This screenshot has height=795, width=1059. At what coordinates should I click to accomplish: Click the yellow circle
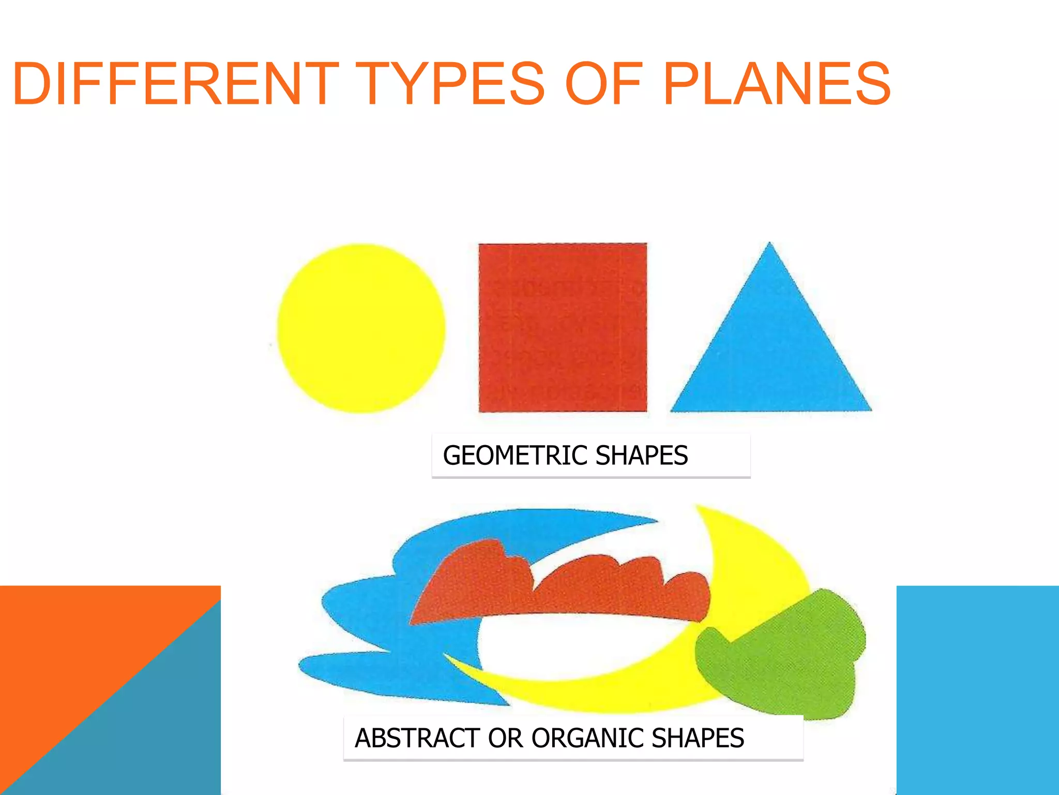pyautogui.click(x=361, y=328)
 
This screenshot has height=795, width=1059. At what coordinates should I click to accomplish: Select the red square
pyautogui.click(x=563, y=328)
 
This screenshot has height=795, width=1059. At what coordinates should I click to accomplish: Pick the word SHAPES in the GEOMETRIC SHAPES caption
pyautogui.click(x=642, y=455)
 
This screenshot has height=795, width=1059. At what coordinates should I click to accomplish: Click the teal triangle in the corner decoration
pyautogui.click(x=155, y=735)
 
